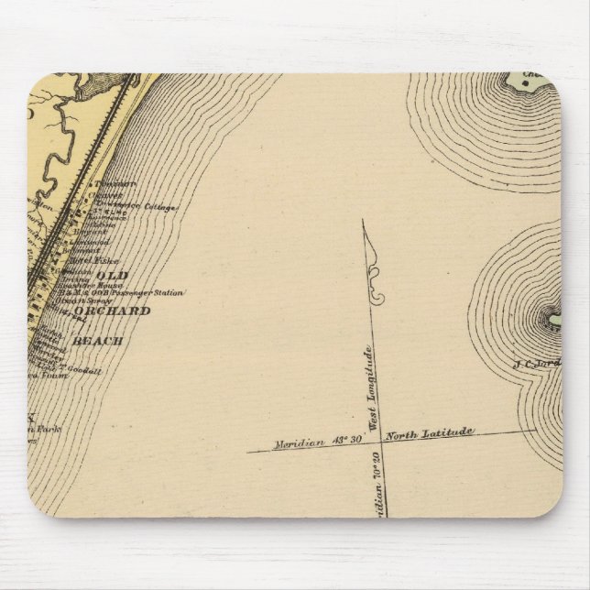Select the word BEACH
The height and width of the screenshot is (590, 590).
point(103,341)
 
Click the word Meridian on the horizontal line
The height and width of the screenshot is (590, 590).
point(299,443)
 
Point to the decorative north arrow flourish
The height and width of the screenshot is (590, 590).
point(375,275)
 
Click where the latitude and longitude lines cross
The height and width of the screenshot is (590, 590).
point(372,437)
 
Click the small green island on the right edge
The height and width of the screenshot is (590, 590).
point(554,320)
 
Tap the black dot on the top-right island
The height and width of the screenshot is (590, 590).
point(525,85)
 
